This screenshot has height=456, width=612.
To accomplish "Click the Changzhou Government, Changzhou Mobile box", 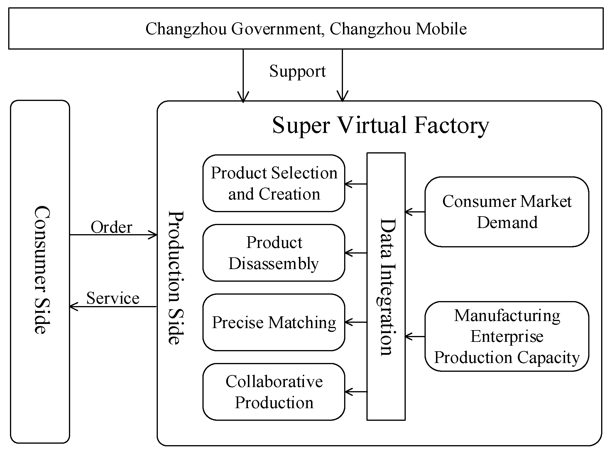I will pos(306,28).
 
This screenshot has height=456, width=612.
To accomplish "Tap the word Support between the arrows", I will pos(297,71).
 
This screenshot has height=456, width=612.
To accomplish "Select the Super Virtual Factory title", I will pos(381,125).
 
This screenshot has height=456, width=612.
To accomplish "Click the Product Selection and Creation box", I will pos(274,183).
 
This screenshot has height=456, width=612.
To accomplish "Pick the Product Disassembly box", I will pos(274,253).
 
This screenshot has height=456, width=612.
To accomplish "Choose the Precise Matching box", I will pos(274,322).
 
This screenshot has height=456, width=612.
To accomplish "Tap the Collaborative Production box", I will pos(274,392).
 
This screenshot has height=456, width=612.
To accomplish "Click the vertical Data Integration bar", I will pos(386,286).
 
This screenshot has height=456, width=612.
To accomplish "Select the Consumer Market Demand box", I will pos(507,212).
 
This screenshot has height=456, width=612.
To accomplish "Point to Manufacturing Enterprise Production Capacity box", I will pos(507,336).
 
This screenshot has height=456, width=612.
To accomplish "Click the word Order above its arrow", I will pos(111,227).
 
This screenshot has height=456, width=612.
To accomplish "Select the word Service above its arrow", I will pos(113,298).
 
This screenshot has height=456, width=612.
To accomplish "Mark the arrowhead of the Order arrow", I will pos(153,235).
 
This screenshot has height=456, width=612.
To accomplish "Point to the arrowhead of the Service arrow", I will pos(73,307).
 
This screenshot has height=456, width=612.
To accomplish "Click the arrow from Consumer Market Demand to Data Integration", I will pos(415,212).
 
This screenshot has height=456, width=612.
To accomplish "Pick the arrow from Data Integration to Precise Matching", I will pos(356,322).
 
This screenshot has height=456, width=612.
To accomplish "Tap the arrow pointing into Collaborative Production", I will pos(356,392).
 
